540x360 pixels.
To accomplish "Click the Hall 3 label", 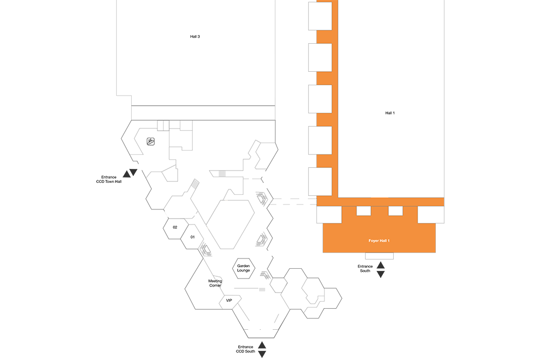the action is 195,37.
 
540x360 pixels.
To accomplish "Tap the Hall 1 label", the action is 390,113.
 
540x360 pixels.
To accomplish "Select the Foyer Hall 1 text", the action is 379,241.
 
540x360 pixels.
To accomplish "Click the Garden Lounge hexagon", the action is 244,268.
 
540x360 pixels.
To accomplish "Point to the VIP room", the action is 229,301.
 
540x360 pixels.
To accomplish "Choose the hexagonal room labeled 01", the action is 192,237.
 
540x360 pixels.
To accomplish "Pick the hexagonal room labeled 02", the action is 175,228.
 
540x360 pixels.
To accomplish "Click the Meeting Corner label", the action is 215,283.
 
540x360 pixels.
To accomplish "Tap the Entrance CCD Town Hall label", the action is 109,179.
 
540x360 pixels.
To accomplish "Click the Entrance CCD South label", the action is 245,349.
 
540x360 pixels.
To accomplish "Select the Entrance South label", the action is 365,268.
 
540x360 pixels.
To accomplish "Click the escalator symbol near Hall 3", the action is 151,141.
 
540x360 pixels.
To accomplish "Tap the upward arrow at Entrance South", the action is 381,265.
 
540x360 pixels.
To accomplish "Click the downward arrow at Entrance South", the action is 381,274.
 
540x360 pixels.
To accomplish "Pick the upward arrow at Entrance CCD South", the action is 262,345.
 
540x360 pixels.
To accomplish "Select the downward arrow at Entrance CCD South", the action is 262,354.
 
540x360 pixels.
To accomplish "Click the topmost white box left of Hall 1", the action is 320,16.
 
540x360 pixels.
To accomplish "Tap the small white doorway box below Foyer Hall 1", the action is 379,256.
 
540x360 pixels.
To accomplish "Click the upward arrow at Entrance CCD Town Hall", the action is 126,174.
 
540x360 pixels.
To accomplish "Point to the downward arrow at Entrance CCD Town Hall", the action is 133,172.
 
